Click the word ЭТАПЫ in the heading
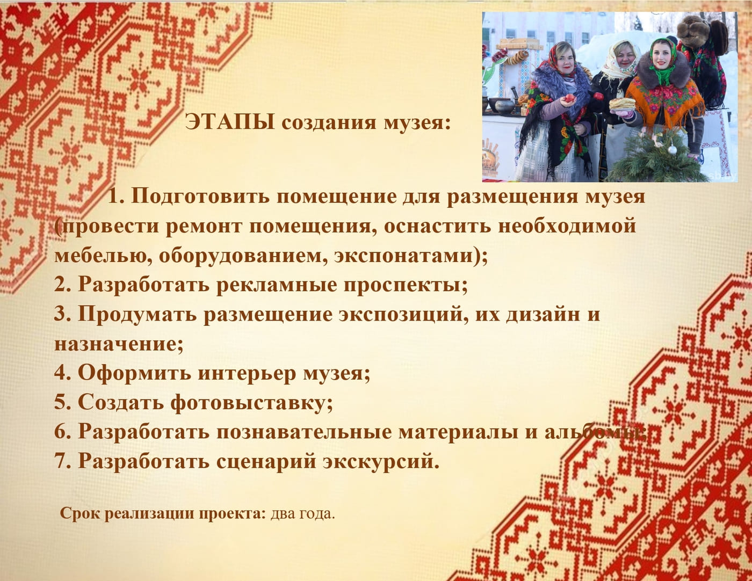tap(230, 123)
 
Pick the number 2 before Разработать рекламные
tap(60, 284)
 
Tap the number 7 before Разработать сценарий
tap(60, 461)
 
